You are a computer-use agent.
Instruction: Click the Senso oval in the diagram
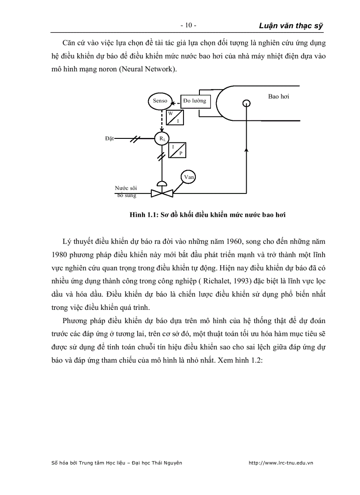coord(160,101)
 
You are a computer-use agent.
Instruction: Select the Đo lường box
coord(195,101)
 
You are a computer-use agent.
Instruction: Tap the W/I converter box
coord(174,117)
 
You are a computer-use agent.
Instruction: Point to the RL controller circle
coord(162,139)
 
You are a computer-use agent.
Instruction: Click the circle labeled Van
coord(189,177)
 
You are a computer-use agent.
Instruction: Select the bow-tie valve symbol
coord(162,193)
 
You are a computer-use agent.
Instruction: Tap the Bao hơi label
coord(278,97)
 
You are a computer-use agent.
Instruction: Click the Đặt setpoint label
coord(109,139)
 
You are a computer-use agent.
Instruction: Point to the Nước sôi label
coord(126,188)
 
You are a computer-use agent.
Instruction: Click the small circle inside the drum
coord(247,103)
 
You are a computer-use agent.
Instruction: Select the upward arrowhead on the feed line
coord(247,151)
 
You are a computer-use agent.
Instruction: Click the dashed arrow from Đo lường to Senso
coord(176,103)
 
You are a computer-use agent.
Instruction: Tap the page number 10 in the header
coord(188,26)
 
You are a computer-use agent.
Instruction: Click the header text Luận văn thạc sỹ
coord(291,26)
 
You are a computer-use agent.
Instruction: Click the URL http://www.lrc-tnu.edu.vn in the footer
coord(281,463)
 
